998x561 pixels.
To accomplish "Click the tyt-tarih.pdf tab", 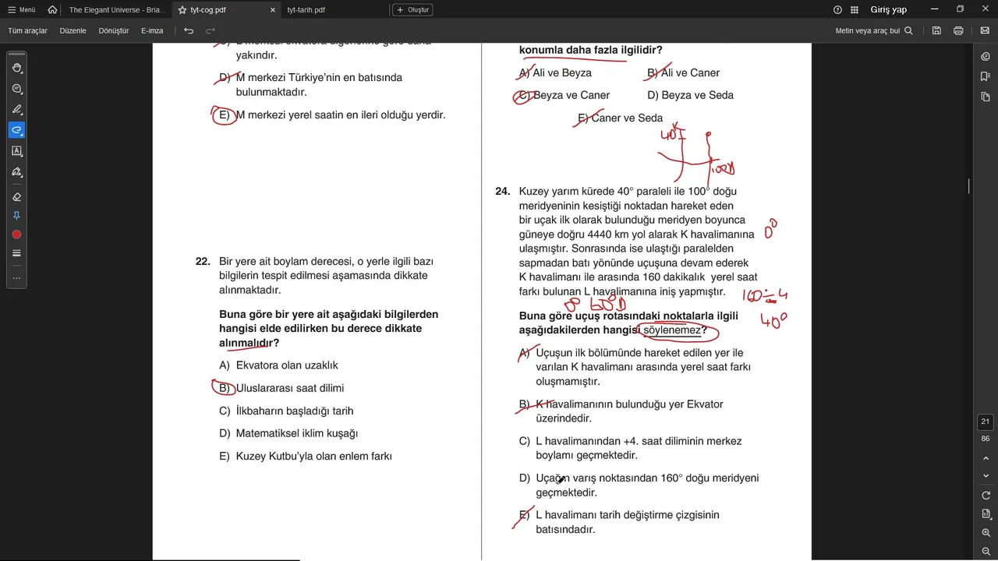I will tap(306, 10).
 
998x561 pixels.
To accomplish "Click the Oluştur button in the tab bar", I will tap(412, 10).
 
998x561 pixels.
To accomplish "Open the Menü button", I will tap(22, 10).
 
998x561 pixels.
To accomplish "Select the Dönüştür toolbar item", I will tap(114, 31).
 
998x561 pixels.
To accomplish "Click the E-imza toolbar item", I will tap(152, 31).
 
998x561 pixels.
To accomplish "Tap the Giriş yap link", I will tap(888, 10).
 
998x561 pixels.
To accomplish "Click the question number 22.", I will tap(203, 262).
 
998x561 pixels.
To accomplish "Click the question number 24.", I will tap(503, 192).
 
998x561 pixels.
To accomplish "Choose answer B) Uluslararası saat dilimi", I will tap(289, 388).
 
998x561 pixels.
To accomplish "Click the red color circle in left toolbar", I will tap(16, 235).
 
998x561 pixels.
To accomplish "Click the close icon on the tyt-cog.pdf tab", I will tap(273, 10).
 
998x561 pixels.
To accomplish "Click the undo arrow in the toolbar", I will tap(189, 31).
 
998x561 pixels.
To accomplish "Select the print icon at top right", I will tap(958, 31).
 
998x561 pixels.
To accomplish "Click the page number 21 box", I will tap(986, 422).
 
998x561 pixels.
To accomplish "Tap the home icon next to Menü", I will tap(52, 10).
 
